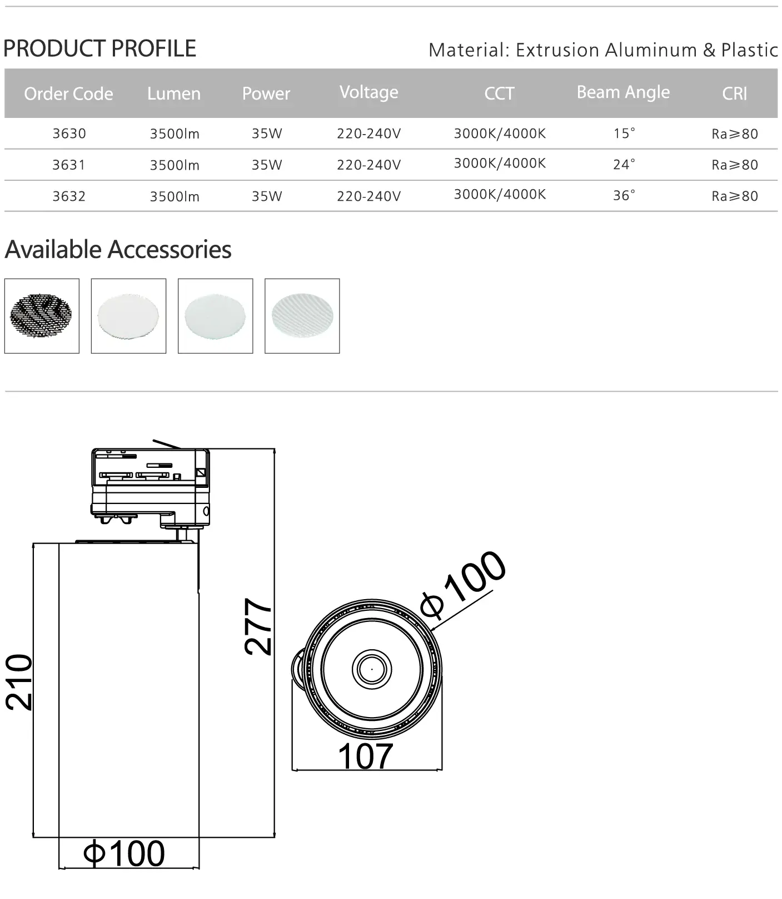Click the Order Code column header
coord(68,93)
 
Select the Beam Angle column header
coord(623,92)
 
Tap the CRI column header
coord(735,93)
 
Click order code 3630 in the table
coord(69,134)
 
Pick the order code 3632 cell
coord(69,196)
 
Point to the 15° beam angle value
coord(624,134)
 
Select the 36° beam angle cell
coord(624,196)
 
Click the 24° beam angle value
coord(624,165)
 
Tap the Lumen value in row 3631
coord(175,165)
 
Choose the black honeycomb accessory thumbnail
coord(42,316)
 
